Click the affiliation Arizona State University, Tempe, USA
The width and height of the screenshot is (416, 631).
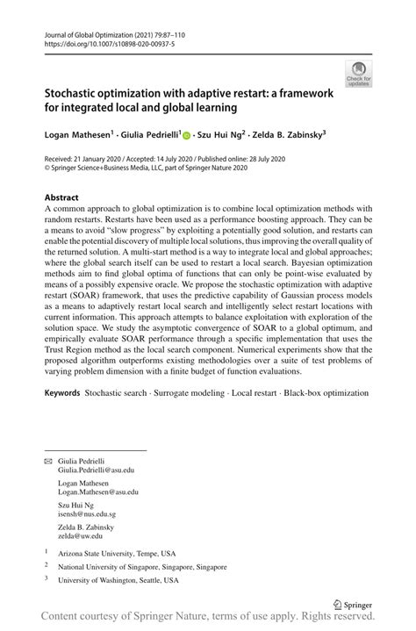pyautogui.click(x=116, y=554)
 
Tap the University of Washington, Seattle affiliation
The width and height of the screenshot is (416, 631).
pyautogui.click(x=118, y=580)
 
